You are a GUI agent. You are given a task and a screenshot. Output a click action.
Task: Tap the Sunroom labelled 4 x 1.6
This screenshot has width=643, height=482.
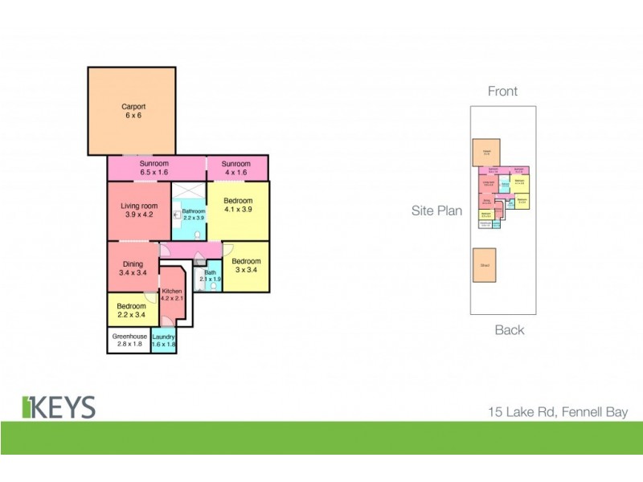(237, 168)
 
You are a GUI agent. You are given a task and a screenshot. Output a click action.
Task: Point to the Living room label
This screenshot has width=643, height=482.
(138, 210)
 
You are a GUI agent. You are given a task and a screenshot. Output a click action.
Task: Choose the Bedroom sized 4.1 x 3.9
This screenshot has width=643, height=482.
(238, 206)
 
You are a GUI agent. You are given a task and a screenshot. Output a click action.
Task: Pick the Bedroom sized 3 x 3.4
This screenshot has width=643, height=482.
(246, 266)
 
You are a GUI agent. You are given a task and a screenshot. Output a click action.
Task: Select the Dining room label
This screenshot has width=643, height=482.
(133, 268)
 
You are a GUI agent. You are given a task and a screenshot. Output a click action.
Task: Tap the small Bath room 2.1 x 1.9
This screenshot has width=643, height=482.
(210, 276)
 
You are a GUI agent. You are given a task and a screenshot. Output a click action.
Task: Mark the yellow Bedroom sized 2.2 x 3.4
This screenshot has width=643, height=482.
(131, 311)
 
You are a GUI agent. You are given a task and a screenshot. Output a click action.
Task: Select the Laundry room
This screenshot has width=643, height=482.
(164, 341)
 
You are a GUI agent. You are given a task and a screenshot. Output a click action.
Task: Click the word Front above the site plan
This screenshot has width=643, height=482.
(502, 92)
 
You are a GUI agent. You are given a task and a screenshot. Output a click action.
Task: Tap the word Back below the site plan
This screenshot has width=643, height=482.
(510, 329)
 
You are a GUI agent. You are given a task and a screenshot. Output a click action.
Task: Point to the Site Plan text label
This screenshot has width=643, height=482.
(437, 211)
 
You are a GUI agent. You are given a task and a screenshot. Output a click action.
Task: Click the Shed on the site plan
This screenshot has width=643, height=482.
(485, 264)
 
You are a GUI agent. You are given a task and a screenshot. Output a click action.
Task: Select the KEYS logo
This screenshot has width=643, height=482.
(59, 406)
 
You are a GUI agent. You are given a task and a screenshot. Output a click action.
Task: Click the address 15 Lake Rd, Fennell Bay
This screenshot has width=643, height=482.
(559, 412)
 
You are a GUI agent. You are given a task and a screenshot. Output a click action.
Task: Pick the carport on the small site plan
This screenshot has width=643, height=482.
(486, 152)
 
